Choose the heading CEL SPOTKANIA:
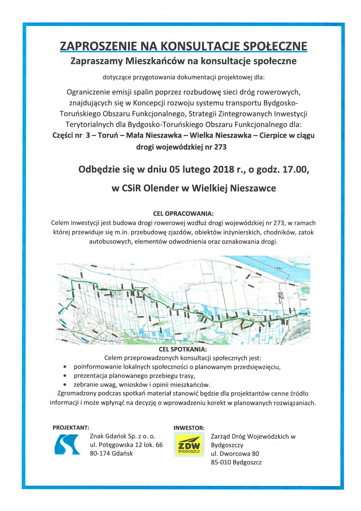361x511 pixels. pyautogui.click(x=183, y=349)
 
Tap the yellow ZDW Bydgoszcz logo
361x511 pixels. pyautogui.click(x=189, y=445)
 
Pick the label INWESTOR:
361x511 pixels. pyautogui.click(x=189, y=428)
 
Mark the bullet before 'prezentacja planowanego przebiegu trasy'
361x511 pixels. pyautogui.click(x=65, y=376)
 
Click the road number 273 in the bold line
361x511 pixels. pyautogui.click(x=220, y=147)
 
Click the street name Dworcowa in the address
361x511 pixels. pyautogui.click(x=235, y=454)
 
